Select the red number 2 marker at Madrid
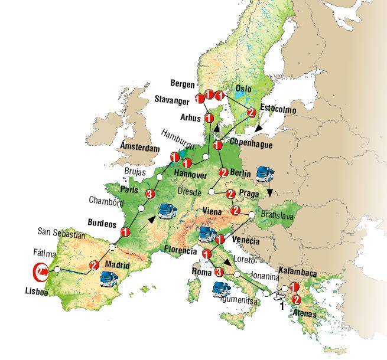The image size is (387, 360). pyautogui.click(x=93, y=266)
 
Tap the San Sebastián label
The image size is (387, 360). pyautogui.click(x=61, y=234)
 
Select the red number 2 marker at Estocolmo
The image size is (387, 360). pyautogui.click(x=251, y=112)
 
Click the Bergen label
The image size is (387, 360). pyautogui.click(x=181, y=84)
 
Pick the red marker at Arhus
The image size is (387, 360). pyautogui.click(x=209, y=119)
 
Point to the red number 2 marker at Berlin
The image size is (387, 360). pyautogui.click(x=223, y=173)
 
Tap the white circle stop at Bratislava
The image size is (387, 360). pyautogui.click(x=252, y=215)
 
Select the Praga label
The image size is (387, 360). pyautogui.click(x=250, y=193)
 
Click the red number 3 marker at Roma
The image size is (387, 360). pyautogui.click(x=219, y=272)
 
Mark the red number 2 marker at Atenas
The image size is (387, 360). pyautogui.click(x=297, y=300)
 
